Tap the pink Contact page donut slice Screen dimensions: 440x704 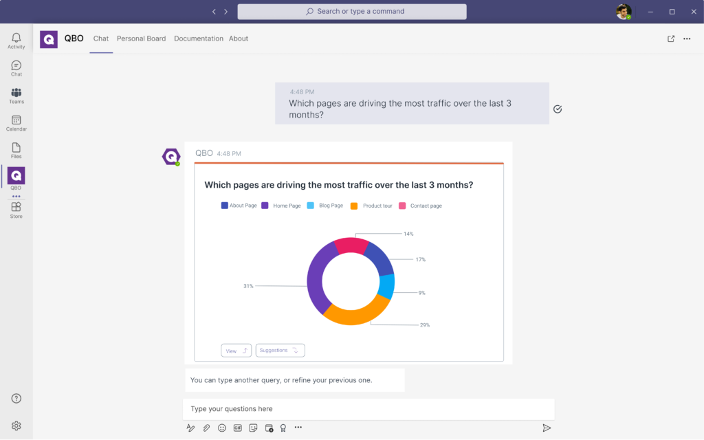(x=351, y=245)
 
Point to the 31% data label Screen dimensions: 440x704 (x=248, y=286)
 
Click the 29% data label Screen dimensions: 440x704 (x=425, y=325)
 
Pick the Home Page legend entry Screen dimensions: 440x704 (x=281, y=206)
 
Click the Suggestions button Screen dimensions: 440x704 (x=280, y=351)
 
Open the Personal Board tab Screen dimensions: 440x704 (x=141, y=38)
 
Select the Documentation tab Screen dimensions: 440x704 (x=199, y=38)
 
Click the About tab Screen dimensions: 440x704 (x=239, y=38)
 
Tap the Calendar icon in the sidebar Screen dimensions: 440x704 (x=16, y=123)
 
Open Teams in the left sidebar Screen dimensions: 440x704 (x=16, y=96)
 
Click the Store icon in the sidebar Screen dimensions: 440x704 (x=16, y=210)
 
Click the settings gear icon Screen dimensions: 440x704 (x=16, y=426)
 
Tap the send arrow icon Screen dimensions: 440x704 (x=547, y=428)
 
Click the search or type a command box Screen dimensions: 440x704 (x=352, y=12)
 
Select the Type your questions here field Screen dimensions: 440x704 (x=368, y=409)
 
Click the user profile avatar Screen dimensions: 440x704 (x=623, y=12)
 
